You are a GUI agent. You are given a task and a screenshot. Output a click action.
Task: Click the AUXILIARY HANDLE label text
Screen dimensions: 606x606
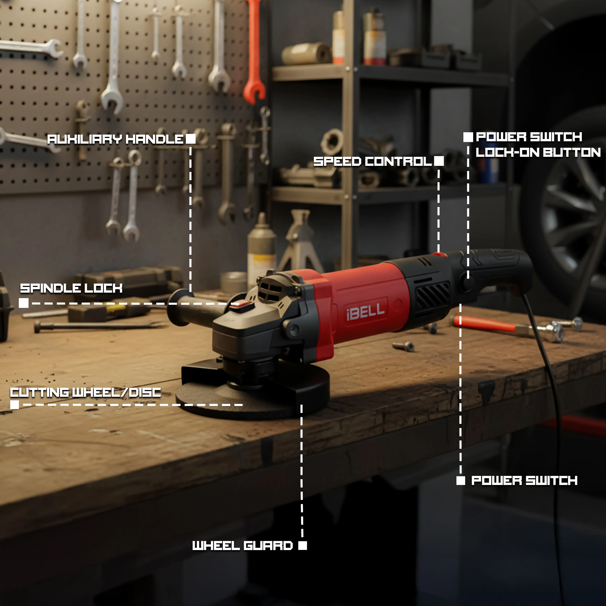click(115, 139)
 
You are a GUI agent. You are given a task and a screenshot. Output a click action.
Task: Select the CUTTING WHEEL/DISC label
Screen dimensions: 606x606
click(85, 392)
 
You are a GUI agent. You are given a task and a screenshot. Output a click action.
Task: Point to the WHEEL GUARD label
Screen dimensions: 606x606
click(242, 545)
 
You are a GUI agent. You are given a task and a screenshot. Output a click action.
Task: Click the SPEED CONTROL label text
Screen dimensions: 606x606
click(373, 162)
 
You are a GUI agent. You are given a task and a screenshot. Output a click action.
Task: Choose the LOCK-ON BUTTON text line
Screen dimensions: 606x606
click(538, 152)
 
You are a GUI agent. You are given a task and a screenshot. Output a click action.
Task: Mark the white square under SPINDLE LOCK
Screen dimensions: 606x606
click(24, 303)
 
